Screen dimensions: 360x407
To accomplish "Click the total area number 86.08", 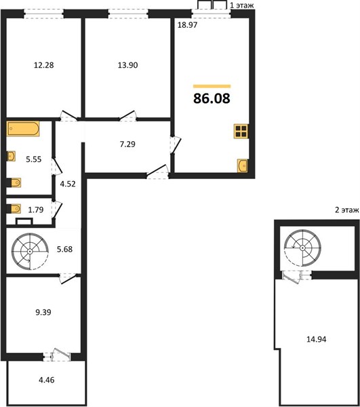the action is (x=212, y=98).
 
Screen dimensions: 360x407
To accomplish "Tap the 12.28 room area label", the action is (x=44, y=65).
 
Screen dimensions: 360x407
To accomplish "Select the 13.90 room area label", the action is (x=128, y=65).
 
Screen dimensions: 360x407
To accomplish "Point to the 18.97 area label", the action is (x=188, y=25).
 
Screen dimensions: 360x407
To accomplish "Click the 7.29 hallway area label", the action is (x=127, y=144).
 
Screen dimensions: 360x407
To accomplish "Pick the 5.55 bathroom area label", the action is (x=34, y=159).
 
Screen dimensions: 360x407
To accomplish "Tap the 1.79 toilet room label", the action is (x=36, y=210).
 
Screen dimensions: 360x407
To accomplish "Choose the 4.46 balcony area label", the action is (x=47, y=381).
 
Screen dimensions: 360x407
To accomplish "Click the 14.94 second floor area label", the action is (x=317, y=339).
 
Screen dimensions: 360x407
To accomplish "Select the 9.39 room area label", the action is (x=43, y=312).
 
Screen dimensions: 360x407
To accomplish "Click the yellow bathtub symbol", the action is (x=23, y=128).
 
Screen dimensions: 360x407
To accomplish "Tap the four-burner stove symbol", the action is (x=241, y=132).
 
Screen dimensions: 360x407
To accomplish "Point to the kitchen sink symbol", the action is (x=243, y=166).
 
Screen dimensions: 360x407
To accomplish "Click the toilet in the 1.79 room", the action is (x=14, y=209).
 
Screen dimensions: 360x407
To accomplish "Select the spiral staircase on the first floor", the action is (x=30, y=251).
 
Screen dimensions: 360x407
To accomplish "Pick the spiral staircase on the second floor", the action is (x=302, y=248).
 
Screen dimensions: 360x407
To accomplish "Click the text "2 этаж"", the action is (x=346, y=210).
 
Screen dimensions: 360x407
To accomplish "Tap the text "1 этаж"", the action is (x=242, y=5).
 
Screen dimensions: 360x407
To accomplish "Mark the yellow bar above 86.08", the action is (x=212, y=86).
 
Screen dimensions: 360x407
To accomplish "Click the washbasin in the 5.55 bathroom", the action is (x=11, y=156).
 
